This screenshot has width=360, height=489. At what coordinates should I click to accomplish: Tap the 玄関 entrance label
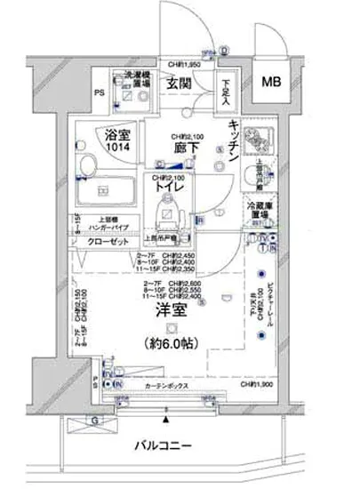click(x=183, y=84)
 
